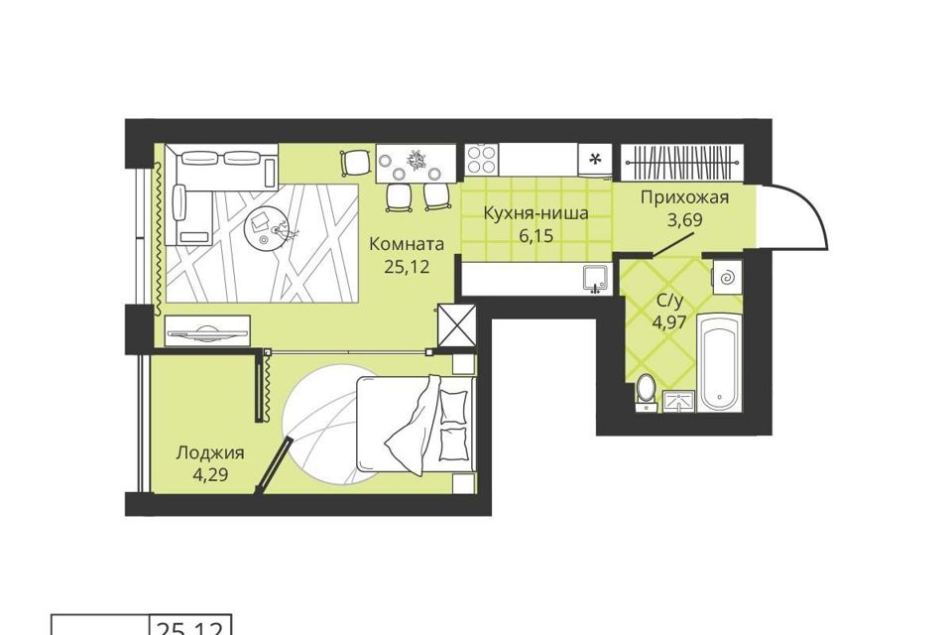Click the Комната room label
click(407, 244)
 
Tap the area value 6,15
click(536, 235)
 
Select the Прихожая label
click(684, 197)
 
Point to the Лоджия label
click(210, 453)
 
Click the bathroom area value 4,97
click(669, 321)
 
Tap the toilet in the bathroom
click(646, 392)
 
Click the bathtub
click(720, 362)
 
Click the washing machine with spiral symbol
click(727, 278)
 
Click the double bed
click(416, 423)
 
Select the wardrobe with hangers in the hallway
click(682, 162)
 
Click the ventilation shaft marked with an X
click(456, 325)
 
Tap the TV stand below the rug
click(207, 331)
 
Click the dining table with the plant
click(416, 163)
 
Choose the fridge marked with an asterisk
click(596, 161)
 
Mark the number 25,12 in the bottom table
click(191, 628)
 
